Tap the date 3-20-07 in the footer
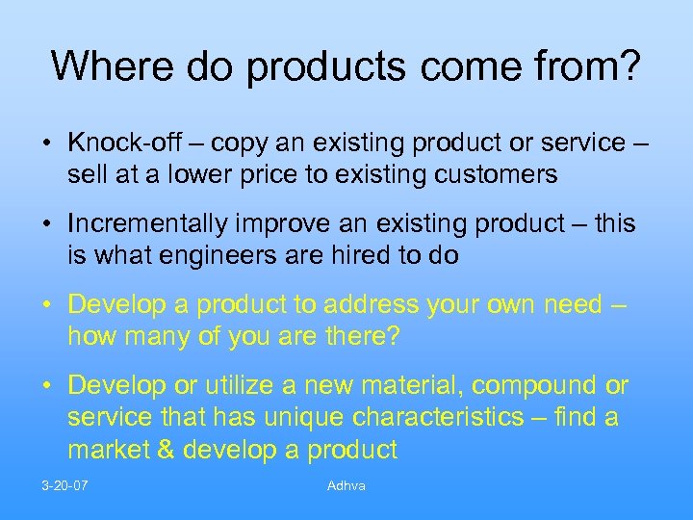coord(64,485)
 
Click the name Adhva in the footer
coord(346,485)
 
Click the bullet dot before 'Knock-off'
coord(46,143)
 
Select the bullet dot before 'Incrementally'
coord(46,224)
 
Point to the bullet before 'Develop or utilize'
coord(46,386)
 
